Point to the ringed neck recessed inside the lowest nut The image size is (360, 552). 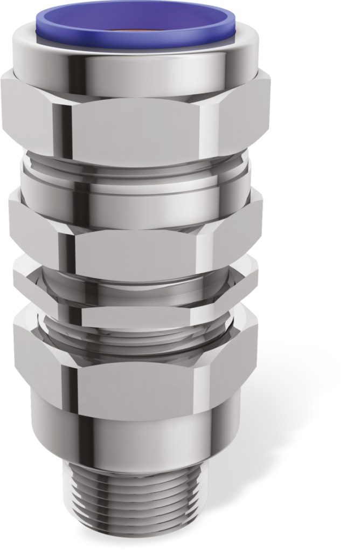135,329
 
